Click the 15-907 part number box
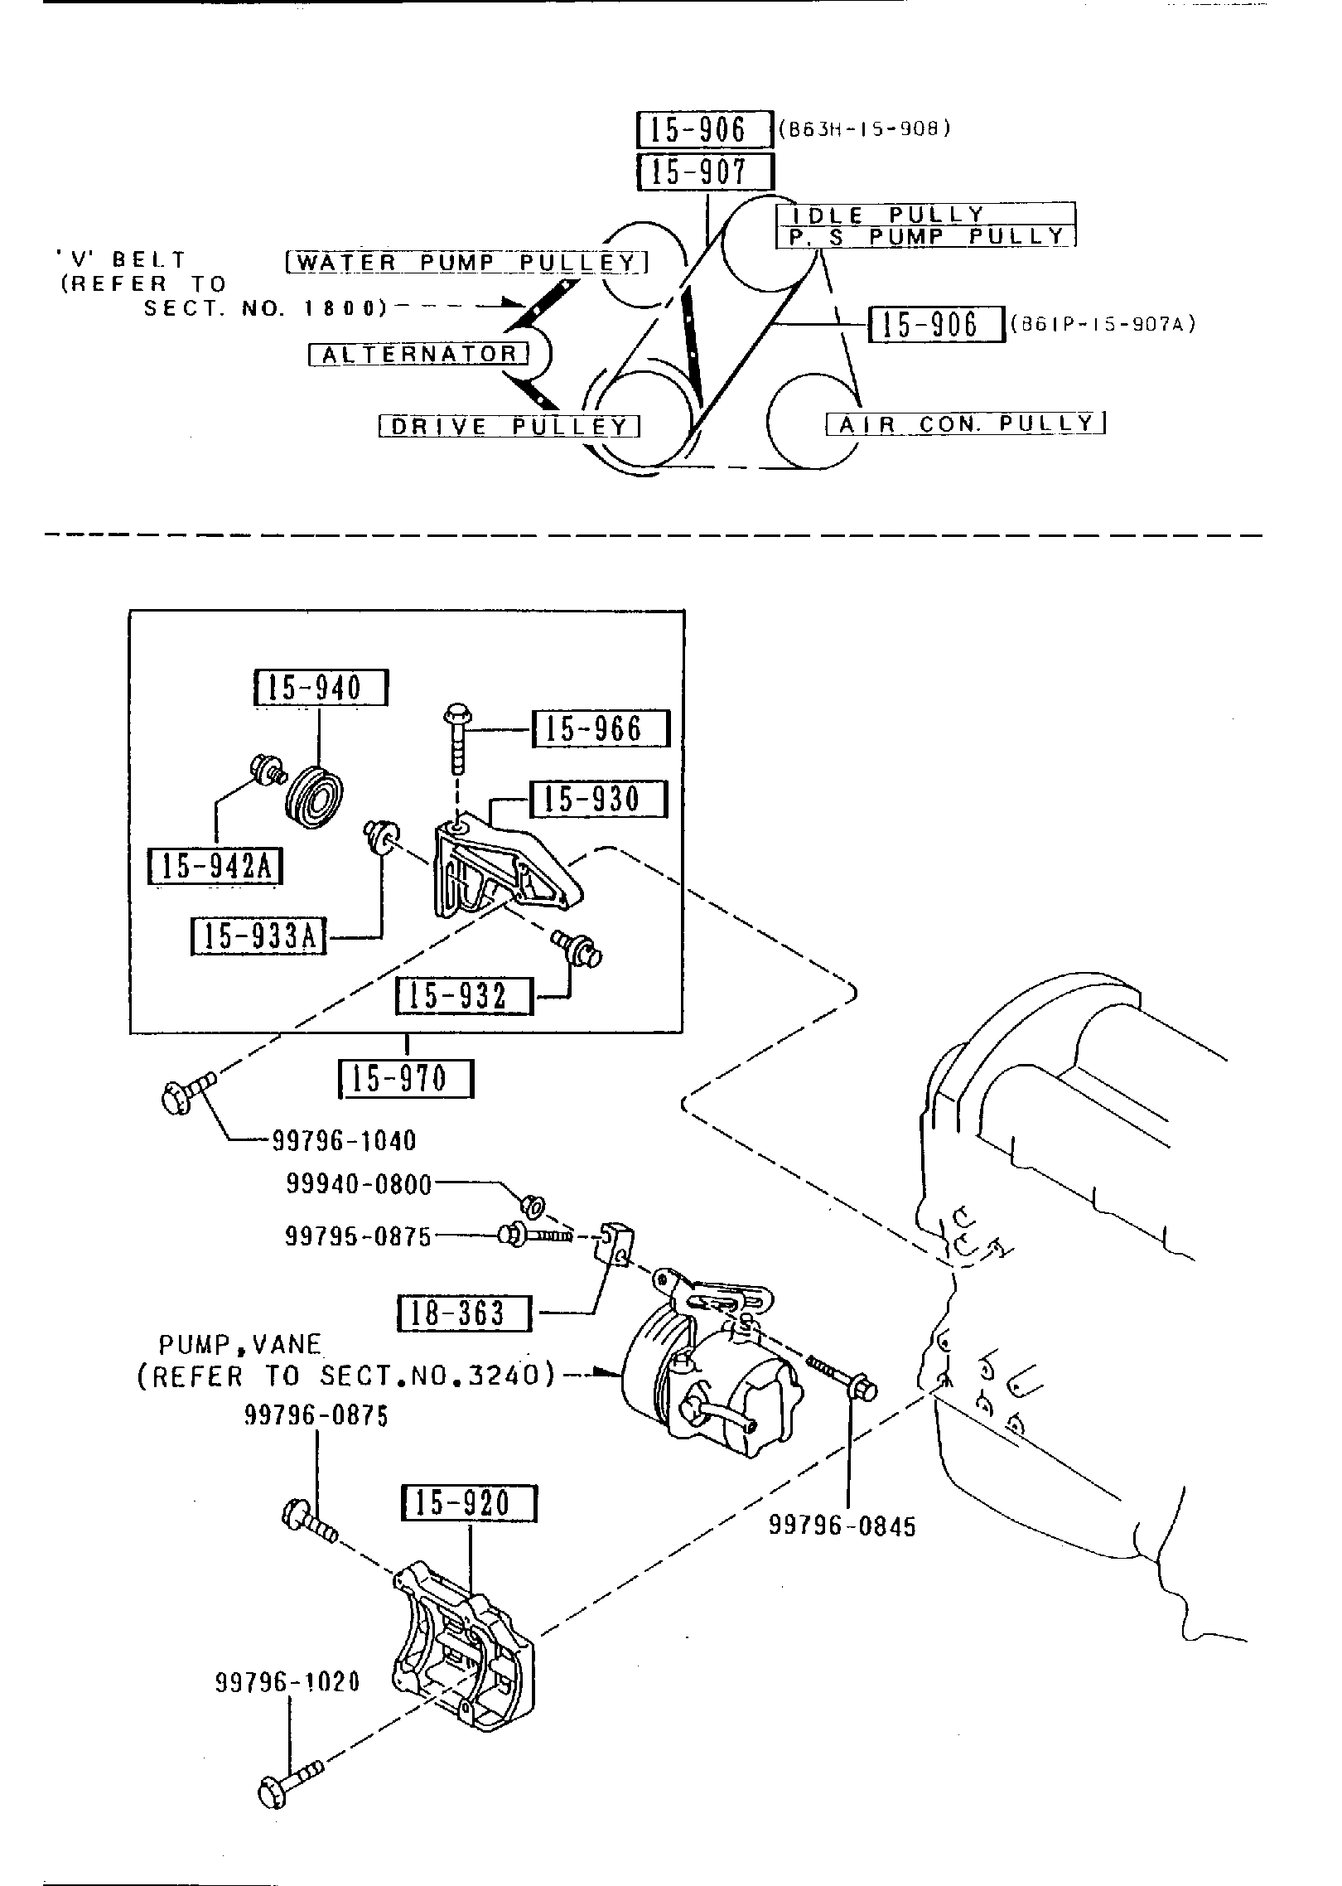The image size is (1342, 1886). click(705, 172)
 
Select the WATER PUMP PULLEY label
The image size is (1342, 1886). click(466, 263)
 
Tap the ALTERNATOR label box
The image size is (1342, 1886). click(418, 355)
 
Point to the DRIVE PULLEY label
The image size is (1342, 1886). click(509, 427)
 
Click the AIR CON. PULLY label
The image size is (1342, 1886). click(966, 424)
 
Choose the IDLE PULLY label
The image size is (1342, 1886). click(925, 215)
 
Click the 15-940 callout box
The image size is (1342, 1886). click(320, 688)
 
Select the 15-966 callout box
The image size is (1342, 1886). click(600, 729)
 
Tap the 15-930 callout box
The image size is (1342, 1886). click(597, 800)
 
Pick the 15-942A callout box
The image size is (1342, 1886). click(215, 867)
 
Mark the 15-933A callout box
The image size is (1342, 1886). click(258, 936)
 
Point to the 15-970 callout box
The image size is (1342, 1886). click(407, 1079)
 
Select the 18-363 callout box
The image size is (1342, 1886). click(465, 1313)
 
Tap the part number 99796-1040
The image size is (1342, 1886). click(344, 1141)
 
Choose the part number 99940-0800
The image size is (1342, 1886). click(359, 1185)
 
